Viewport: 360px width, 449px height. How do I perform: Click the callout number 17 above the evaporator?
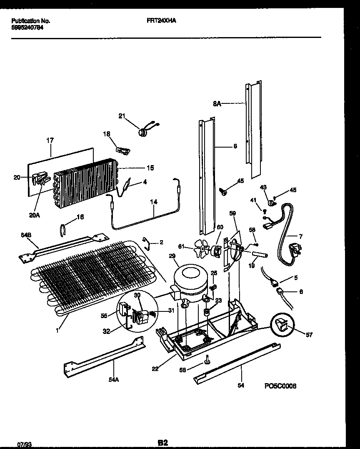50,140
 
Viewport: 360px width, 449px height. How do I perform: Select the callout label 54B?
26,236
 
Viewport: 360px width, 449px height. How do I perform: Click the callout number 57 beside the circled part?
308,334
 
